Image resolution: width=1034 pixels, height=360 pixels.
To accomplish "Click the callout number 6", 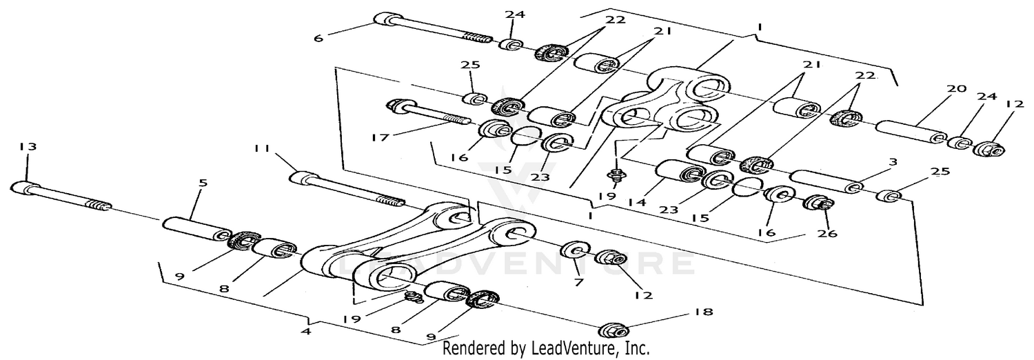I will point(318,39).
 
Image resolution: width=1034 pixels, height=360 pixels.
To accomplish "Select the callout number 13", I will point(28,147).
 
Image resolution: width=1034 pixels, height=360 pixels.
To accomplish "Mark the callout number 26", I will point(827,233).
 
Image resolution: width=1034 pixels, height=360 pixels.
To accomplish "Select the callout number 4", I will point(306,330).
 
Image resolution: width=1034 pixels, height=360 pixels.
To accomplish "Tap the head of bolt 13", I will point(22,187).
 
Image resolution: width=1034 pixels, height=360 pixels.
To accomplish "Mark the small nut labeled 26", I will point(820,204).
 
